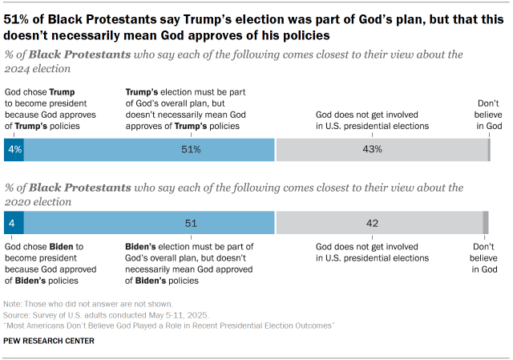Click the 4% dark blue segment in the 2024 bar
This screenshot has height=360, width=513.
(x=14, y=149)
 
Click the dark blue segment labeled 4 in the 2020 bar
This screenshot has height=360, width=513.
(x=14, y=223)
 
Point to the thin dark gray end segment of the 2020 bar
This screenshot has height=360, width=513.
(x=485, y=223)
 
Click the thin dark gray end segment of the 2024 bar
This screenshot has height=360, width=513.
(x=488, y=149)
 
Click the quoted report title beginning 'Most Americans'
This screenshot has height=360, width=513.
(x=169, y=326)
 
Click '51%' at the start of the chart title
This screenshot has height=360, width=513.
(x=18, y=21)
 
